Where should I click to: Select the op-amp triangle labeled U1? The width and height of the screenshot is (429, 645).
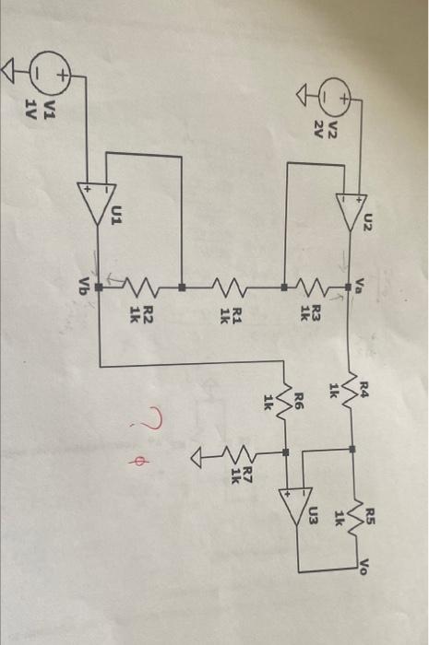pos(97,204)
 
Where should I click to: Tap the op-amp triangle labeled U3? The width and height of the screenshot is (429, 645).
pos(296,506)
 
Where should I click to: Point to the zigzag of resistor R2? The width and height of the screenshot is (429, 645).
pos(141,287)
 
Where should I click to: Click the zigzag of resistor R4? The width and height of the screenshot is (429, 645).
pos(349,392)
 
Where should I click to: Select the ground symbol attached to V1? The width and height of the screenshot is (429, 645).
pos(8,71)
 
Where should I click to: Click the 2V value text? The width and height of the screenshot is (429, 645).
pos(318,130)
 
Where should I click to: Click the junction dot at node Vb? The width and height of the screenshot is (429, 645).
pos(99,287)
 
